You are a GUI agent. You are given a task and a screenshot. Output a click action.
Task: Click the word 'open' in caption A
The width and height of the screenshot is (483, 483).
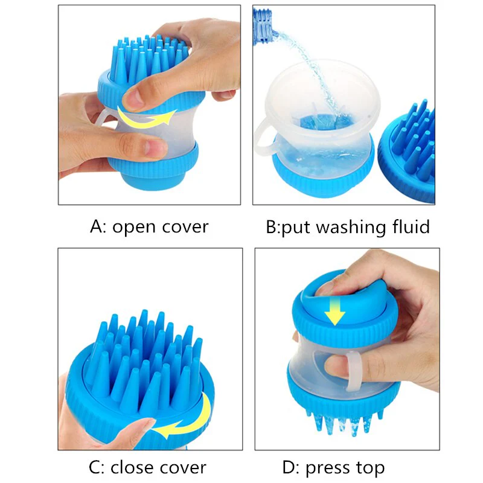[134, 228]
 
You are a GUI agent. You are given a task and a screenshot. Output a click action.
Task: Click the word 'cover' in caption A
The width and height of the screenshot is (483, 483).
[185, 228]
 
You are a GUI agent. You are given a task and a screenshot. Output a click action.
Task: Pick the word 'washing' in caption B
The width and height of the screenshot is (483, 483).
[351, 228]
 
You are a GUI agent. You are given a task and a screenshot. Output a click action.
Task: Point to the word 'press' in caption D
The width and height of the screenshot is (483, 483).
[328, 469]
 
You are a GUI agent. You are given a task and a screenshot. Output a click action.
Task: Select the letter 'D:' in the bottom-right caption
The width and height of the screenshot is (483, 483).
[291, 467]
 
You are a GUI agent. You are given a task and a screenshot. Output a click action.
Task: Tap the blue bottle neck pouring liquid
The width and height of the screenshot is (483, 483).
[263, 26]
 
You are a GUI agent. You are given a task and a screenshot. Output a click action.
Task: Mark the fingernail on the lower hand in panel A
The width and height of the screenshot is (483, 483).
[153, 147]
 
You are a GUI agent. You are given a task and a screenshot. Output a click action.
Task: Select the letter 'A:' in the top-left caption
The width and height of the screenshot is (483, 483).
[98, 227]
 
